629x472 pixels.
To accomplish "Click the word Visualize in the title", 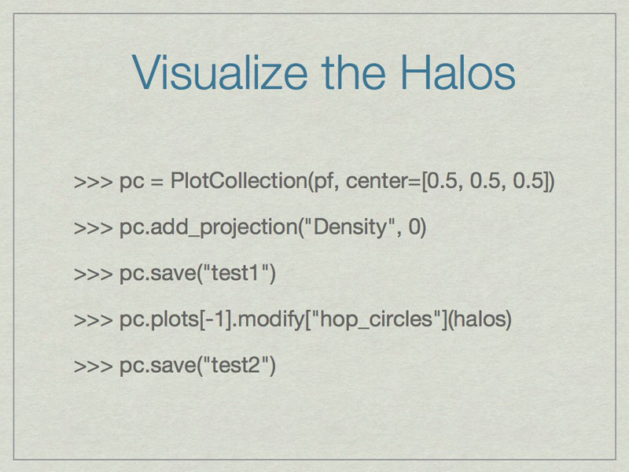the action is coord(219,72).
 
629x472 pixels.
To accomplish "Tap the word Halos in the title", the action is coord(458,72).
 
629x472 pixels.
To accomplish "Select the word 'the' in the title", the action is coord(353,72).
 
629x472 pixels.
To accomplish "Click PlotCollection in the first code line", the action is coord(239,180).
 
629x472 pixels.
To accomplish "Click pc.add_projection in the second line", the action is coord(208,227).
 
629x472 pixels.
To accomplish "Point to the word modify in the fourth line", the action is coord(271,320).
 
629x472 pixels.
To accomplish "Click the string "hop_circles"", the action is coord(376,320).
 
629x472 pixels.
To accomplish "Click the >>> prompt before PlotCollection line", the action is coord(94,182).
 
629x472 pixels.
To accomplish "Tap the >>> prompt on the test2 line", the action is coord(94,367).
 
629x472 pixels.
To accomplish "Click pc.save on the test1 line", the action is coord(157,274).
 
